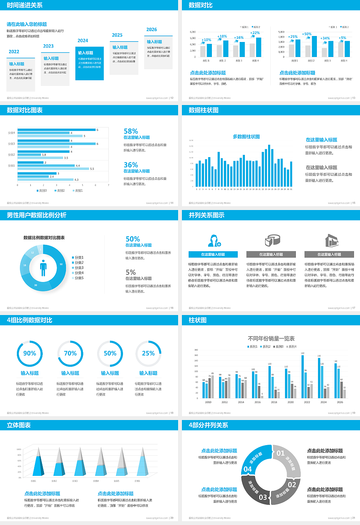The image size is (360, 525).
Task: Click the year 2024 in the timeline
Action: [83, 40]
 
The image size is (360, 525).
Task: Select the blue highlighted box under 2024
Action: [90, 63]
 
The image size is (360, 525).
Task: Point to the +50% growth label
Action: [307, 34]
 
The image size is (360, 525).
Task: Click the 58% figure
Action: [131, 131]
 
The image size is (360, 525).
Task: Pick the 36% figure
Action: [131, 165]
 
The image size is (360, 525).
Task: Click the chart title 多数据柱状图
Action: [246, 136]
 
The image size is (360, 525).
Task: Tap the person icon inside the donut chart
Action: [43, 268]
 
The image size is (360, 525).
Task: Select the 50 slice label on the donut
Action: [61, 264]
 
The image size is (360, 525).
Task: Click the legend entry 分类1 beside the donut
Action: [79, 258]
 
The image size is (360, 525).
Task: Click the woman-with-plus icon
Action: [214, 240]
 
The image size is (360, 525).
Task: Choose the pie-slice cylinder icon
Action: [273, 240]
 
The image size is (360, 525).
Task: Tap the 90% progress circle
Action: [30, 353]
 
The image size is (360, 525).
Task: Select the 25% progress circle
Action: [148, 353]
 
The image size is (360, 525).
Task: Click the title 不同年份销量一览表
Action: [271, 338]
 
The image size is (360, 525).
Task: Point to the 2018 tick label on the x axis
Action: [274, 402]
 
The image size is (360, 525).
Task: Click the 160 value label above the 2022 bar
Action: [303, 353]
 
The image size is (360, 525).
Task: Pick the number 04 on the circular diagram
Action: [247, 469]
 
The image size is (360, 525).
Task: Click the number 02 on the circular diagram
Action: [292, 484]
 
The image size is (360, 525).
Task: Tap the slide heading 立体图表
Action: [19, 425]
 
